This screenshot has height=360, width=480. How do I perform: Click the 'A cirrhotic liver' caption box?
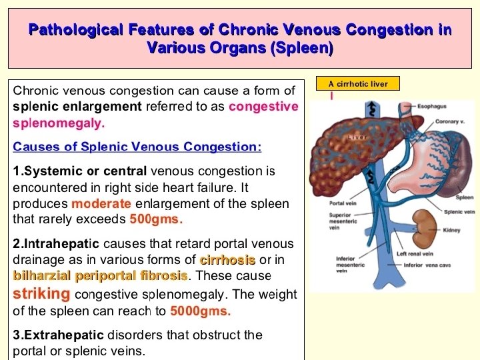pos(357,83)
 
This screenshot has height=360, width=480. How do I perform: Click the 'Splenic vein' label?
pos(459,212)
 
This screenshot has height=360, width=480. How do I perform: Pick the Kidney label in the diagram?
pos(451,231)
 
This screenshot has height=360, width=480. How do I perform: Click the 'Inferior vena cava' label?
pos(427,265)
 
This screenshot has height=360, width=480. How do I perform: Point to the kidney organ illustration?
pos(423,225)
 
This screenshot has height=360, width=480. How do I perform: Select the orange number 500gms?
pos(156,219)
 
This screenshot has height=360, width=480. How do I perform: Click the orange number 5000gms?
pos(201,311)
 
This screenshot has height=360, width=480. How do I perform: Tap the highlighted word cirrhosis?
pos(228,260)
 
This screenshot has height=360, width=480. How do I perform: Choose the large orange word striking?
pos(41,293)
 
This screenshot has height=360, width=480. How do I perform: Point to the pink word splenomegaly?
pos(59,123)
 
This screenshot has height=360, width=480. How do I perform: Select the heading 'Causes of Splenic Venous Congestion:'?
pos(137,147)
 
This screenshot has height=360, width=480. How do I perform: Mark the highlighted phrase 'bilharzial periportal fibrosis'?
pos(101,275)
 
